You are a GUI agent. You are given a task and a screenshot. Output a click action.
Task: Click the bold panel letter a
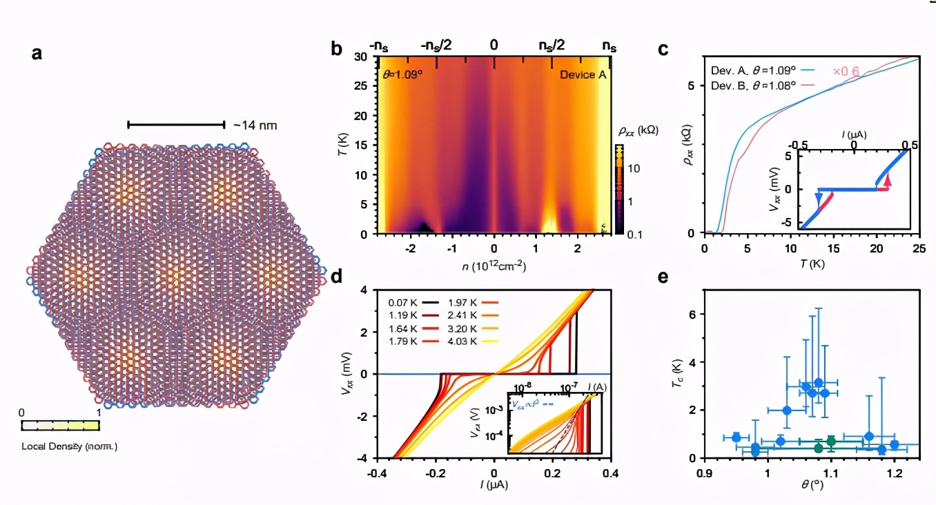(x=37, y=52)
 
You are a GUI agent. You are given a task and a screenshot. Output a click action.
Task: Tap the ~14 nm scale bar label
(x=255, y=125)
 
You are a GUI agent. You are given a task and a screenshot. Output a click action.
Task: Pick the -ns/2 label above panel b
(x=436, y=46)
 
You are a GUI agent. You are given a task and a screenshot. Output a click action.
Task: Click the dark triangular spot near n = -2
(x=426, y=226)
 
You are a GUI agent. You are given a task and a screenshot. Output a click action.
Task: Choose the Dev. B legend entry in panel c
(x=754, y=85)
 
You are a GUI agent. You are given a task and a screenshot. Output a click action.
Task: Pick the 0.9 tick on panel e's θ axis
(x=704, y=474)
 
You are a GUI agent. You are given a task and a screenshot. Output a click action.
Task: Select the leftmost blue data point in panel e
(x=736, y=437)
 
